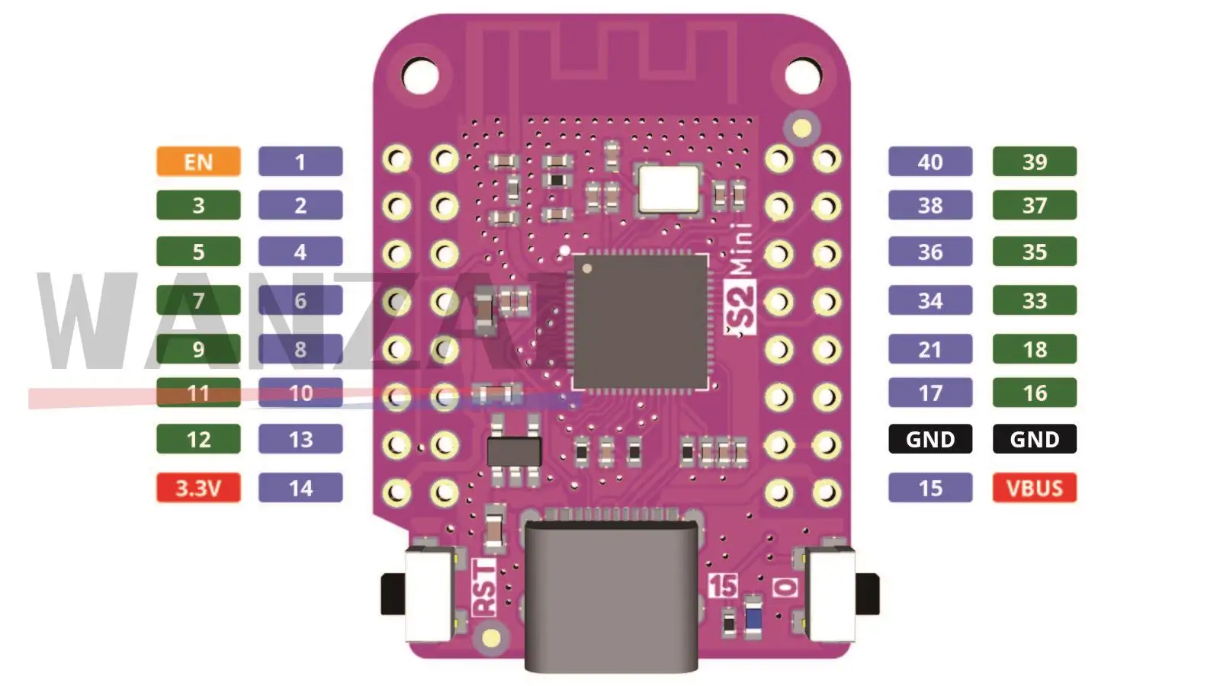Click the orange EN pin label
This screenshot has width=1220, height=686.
click(198, 162)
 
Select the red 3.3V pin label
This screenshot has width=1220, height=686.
click(198, 488)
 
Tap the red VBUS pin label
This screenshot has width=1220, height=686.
click(1034, 488)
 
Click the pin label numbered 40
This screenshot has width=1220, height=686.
click(930, 162)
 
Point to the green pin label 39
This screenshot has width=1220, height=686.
click(1034, 162)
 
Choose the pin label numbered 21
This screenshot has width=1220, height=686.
click(930, 349)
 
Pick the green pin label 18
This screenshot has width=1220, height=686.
click(1034, 349)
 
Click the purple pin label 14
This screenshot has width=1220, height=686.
click(300, 488)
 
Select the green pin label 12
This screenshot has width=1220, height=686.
click(198, 439)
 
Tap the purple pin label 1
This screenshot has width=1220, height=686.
click(300, 162)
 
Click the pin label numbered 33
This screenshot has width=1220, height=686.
click(1034, 300)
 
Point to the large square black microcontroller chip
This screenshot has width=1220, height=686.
click(640, 322)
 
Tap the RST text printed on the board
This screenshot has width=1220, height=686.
click(484, 587)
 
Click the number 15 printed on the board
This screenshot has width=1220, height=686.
click(722, 585)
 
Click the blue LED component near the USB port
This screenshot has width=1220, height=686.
click(753, 616)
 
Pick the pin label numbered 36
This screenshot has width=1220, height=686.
click(930, 252)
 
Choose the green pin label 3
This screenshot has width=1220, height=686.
click(198, 205)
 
